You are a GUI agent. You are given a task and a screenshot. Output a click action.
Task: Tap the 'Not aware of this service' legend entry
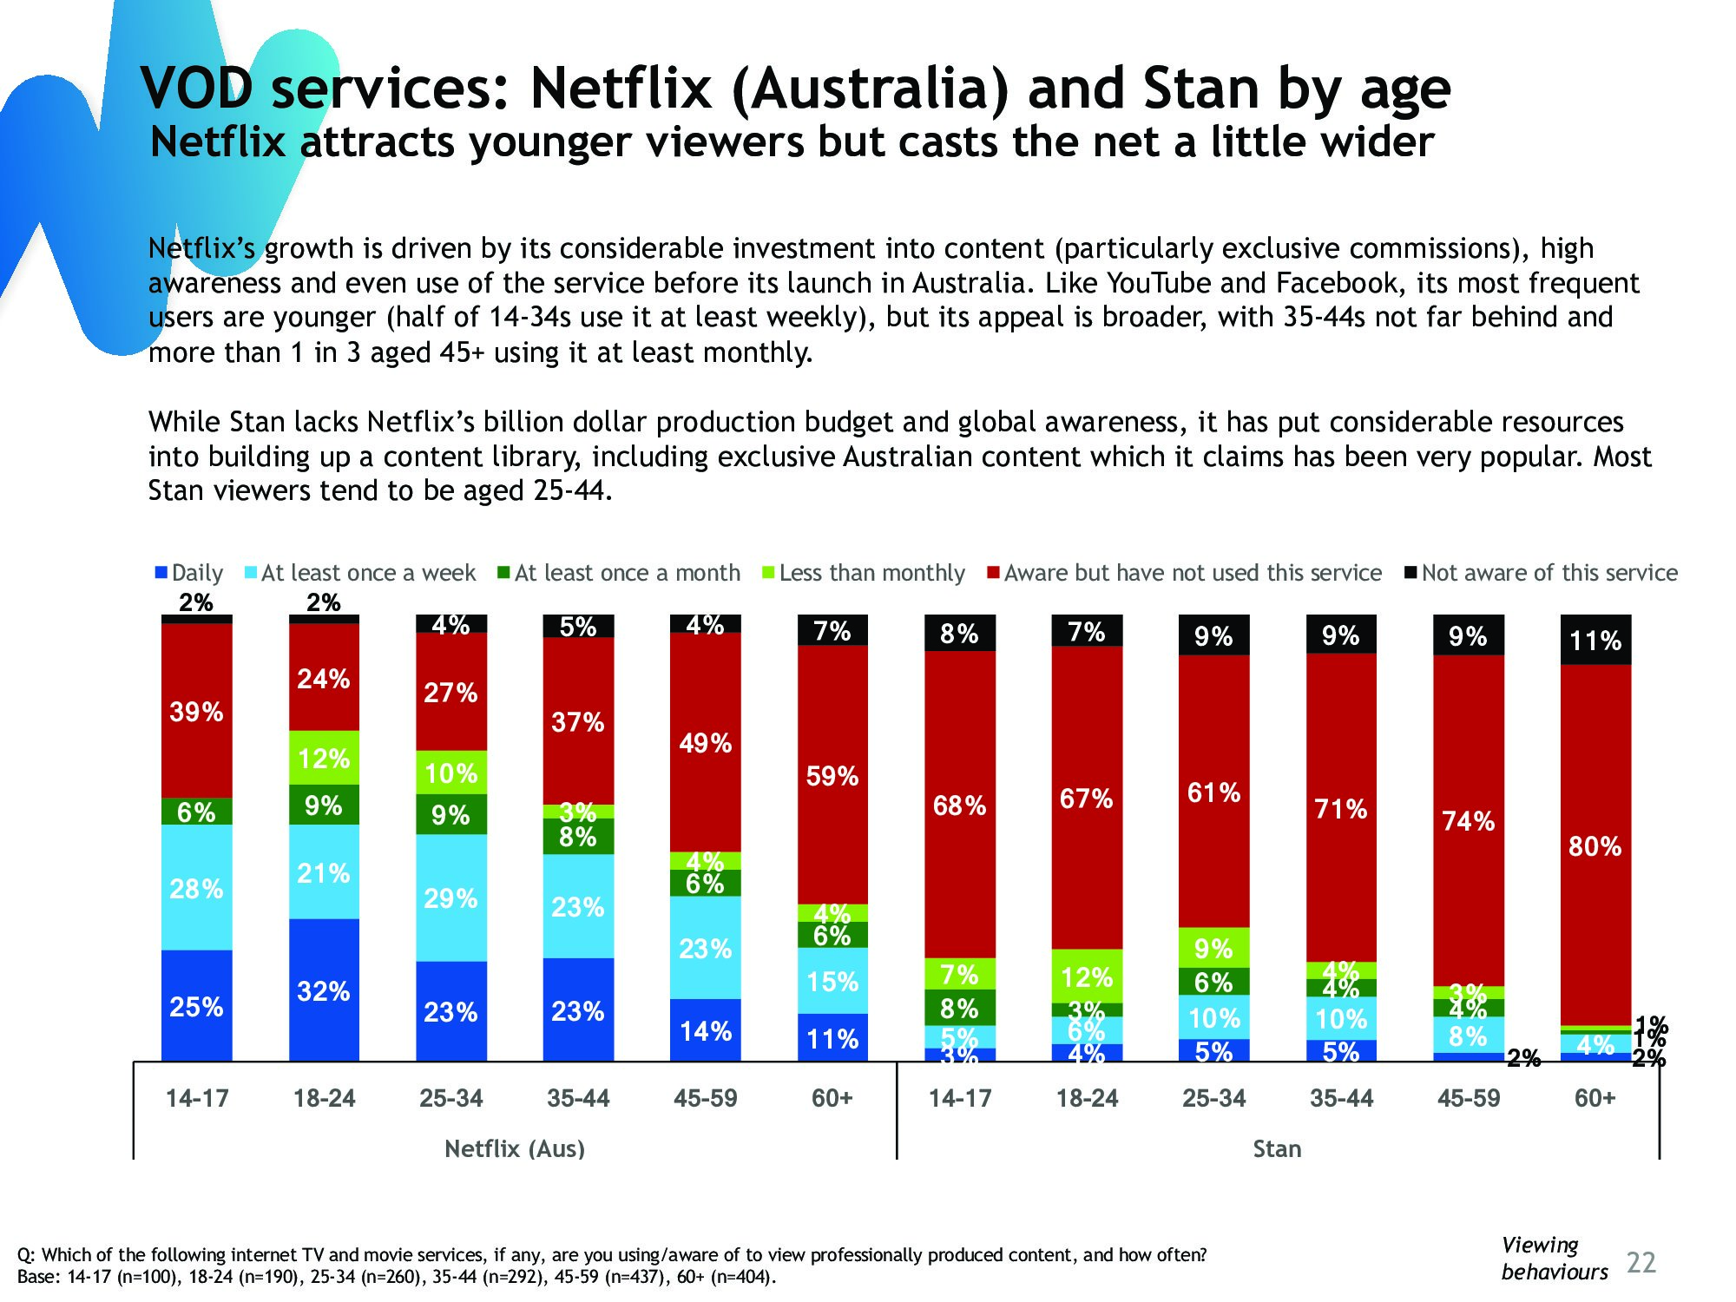point(1542,573)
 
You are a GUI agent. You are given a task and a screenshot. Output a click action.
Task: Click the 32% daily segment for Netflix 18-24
point(324,990)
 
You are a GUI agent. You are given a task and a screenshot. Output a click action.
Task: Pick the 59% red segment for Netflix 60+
point(832,775)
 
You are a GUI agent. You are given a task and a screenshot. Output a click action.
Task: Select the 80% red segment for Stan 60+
point(1595,845)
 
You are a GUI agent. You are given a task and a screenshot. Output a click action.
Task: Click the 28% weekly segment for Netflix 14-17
point(197,888)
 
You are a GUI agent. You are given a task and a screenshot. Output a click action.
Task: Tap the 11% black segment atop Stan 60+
point(1595,641)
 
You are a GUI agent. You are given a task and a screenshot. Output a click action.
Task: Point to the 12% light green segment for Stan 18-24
point(1087,976)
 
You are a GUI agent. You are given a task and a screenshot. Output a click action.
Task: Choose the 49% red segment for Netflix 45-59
point(706,743)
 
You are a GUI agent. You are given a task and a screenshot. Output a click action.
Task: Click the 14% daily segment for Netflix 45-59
point(706,1030)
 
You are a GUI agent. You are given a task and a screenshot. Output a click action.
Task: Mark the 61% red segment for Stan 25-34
point(1213,792)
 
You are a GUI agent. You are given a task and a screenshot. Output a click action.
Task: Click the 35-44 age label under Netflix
point(578,1098)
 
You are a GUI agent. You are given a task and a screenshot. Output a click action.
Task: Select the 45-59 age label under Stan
point(1468,1098)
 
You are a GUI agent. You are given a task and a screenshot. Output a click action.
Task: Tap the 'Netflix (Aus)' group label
point(515,1148)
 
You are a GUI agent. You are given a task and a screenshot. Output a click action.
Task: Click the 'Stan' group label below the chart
point(1277,1148)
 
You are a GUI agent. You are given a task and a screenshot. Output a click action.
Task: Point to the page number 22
point(1641,1262)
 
